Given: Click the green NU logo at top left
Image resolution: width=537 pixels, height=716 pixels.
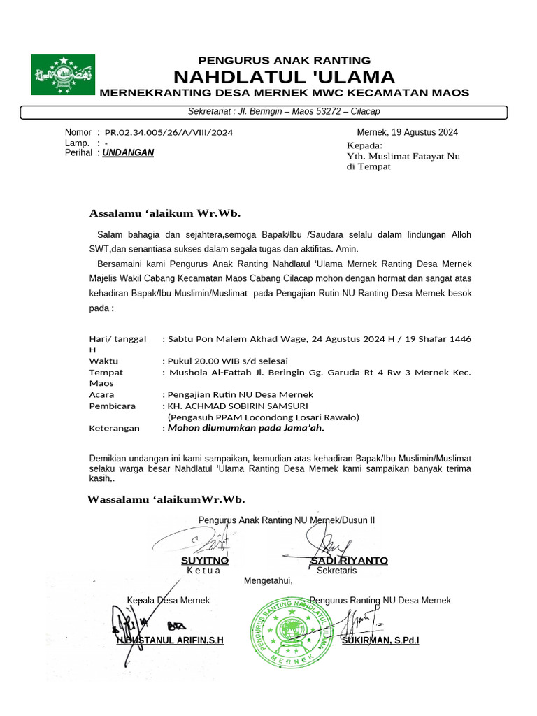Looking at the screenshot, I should coord(62,74).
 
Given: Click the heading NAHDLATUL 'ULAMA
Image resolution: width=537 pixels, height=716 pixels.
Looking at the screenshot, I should coord(284,77).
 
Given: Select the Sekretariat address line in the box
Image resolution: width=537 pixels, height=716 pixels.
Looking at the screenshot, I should coord(284,112).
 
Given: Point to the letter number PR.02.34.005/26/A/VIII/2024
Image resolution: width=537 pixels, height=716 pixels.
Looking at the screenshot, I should coord(169,132).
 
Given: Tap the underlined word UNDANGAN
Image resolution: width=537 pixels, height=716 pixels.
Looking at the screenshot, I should coord(128,152).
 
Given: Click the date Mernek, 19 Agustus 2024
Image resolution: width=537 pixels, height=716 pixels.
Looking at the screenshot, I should coord(407,132).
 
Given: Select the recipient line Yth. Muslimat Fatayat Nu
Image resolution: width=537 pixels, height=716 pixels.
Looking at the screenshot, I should coord(403,157).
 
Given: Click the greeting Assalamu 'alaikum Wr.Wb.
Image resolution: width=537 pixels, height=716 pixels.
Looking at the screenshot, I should coord(164,213).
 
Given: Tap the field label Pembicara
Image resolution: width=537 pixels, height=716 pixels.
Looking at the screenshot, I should coord(113,406).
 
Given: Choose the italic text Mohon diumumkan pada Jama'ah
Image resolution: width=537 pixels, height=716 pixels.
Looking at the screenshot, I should coord(246,428).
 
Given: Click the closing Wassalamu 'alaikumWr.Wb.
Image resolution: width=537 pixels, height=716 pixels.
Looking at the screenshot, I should coord(166,499).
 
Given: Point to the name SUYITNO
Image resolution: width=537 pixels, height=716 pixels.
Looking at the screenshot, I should coord(205,561).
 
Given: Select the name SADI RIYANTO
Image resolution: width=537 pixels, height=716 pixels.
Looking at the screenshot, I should coord(349,561).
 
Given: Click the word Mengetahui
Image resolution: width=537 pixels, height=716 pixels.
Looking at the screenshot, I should coord(268,580).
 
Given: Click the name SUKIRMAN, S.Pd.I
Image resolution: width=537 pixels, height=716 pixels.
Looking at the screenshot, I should coord(380,640).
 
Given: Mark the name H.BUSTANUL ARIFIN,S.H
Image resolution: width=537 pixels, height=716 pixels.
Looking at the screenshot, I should coord(170,640).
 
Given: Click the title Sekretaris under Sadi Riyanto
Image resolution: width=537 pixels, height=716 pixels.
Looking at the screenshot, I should coord(336,571).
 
